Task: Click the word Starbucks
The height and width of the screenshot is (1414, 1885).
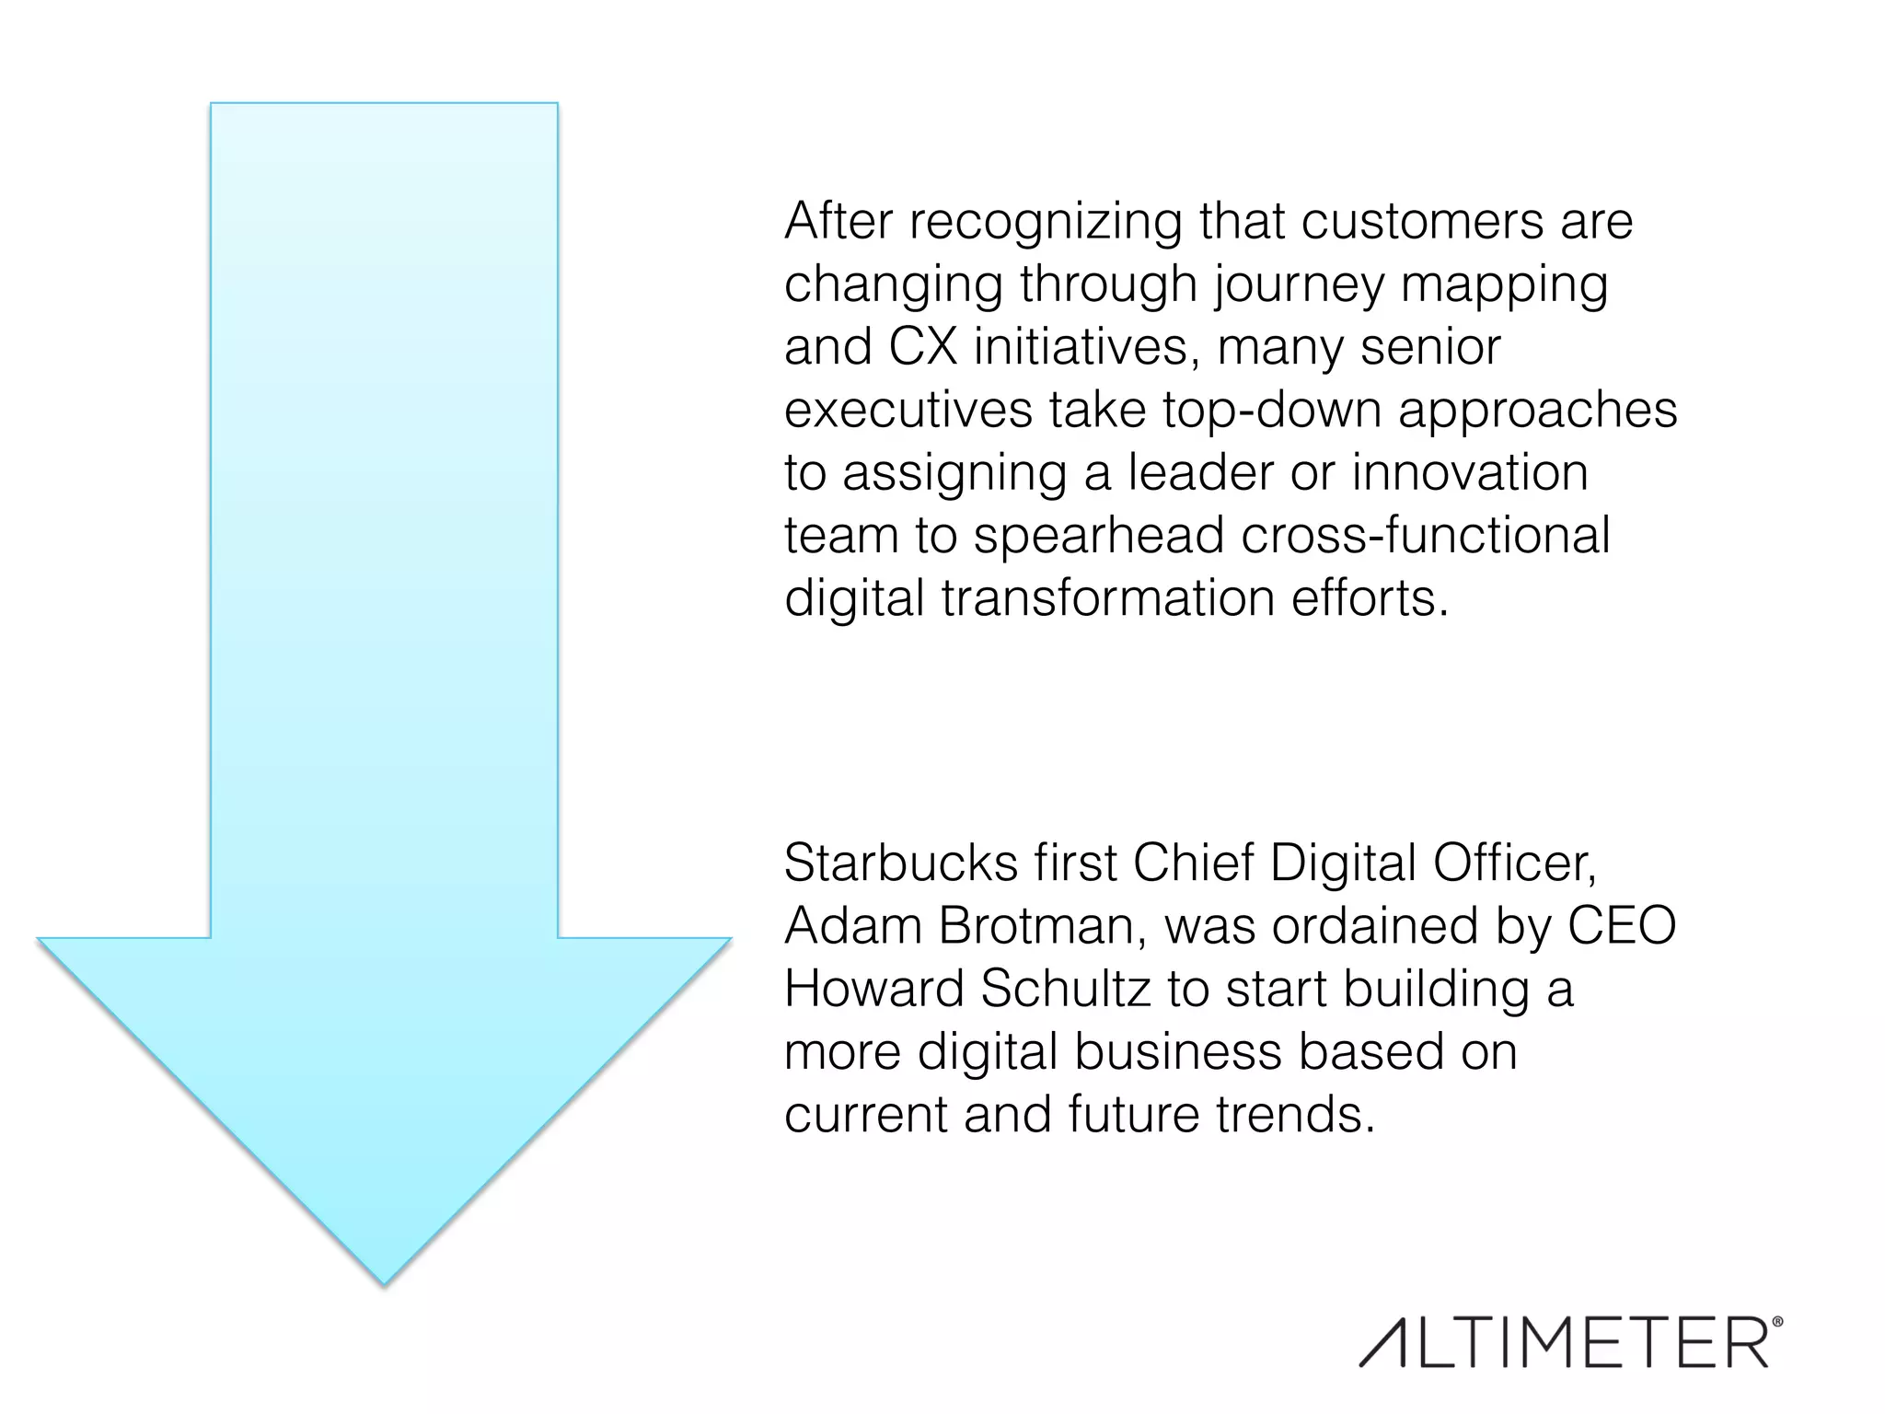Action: (901, 863)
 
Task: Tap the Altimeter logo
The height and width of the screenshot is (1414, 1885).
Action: (1564, 1343)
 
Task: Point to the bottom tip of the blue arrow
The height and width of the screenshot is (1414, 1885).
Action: (384, 1282)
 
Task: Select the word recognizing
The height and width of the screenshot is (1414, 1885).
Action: (1046, 222)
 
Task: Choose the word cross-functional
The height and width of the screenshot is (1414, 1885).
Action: (1426, 536)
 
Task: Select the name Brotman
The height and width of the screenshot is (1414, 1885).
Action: (1043, 926)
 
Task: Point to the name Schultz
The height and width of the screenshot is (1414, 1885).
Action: (1065, 989)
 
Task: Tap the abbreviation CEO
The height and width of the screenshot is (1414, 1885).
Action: (1622, 926)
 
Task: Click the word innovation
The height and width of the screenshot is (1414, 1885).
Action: (1470, 473)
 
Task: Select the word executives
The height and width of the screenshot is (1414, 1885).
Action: (908, 410)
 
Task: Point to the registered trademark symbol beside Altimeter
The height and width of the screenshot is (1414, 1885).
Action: (1776, 1322)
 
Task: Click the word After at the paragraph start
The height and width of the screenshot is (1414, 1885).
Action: (838, 222)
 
